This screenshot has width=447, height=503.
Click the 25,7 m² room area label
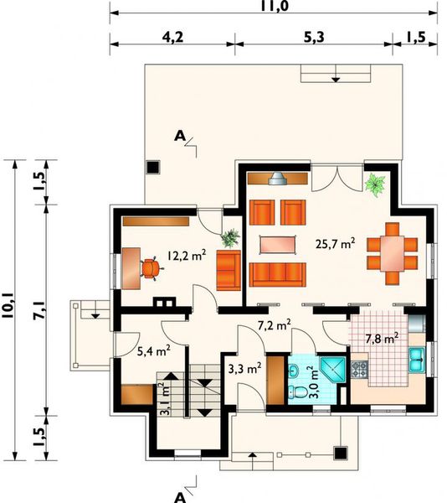coord(335,243)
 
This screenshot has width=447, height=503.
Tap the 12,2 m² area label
coord(187,255)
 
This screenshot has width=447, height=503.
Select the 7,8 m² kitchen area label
coord(382,339)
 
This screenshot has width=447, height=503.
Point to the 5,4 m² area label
coord(153,351)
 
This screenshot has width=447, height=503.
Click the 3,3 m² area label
coord(245,369)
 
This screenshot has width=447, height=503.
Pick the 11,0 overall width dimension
coord(274,6)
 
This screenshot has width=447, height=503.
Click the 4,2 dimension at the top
coord(172,38)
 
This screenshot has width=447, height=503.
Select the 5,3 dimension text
coord(314,38)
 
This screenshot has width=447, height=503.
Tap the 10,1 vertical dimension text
coord(8,305)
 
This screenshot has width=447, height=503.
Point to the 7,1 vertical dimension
coord(39,310)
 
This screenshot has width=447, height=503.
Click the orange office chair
coord(152,268)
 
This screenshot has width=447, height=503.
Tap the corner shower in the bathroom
coord(333,370)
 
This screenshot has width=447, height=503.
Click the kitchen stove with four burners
coord(360,369)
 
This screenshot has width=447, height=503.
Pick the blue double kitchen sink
coord(417,360)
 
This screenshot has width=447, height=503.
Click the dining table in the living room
coord(393,253)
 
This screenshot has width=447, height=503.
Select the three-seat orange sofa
coord(278,275)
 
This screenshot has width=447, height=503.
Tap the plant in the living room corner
coord(375,184)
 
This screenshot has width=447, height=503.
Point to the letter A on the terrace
coord(180,137)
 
